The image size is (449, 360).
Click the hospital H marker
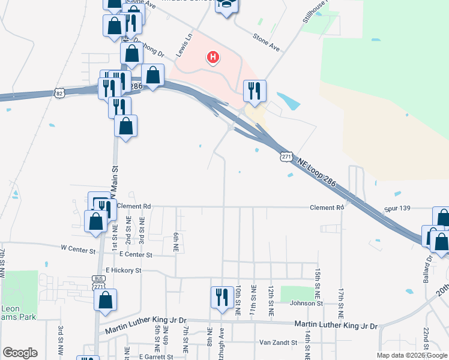pyautogui.click(x=212, y=58)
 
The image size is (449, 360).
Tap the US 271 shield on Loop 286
pyautogui.click(x=286, y=156)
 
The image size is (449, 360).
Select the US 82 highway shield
pyautogui.click(x=58, y=93)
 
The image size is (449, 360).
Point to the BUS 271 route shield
pyautogui.click(x=99, y=282)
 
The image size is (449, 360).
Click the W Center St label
pyautogui.click(x=78, y=248)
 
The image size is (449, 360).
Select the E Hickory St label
pyautogui.click(x=123, y=271)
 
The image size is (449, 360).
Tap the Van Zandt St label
pyautogui.click(x=278, y=343)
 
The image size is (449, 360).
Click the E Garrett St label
pyautogui.click(x=156, y=356)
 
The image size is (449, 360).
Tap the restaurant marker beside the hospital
pyautogui.click(x=255, y=91)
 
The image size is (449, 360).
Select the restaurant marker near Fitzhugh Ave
pyautogui.click(x=221, y=296)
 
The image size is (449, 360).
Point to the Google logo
pyautogui.click(x=20, y=353)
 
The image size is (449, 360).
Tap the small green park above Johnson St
pyautogui.click(x=298, y=293)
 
